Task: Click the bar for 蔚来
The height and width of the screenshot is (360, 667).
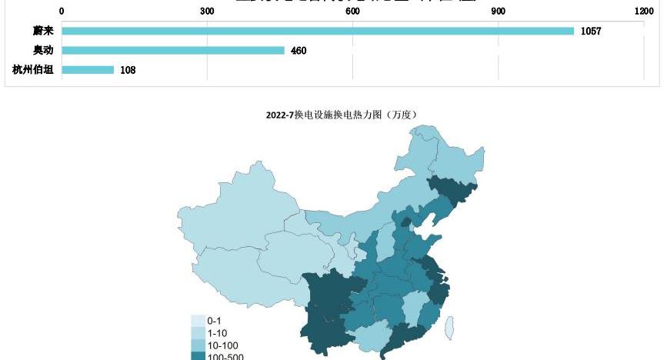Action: coord(318,31)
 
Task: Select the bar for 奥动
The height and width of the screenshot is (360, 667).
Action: coord(173,50)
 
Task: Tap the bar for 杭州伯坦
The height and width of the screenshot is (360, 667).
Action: coord(88,69)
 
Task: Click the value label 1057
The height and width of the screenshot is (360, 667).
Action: coord(591,32)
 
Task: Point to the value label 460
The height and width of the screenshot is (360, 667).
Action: coord(299,51)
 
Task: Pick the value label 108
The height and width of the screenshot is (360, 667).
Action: coord(128,70)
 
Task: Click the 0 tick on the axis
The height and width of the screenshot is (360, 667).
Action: coord(62,12)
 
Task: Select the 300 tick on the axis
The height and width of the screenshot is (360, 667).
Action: coord(207,12)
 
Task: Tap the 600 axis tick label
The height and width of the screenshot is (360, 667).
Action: coord(352,12)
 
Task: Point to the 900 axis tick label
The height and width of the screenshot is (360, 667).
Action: coord(499,12)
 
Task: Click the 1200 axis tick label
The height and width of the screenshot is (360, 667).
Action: coord(644,12)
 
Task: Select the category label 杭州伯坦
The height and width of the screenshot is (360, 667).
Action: coord(33,69)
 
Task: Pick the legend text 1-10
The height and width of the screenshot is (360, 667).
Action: coord(218,333)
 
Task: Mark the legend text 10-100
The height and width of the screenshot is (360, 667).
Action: coord(222,345)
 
